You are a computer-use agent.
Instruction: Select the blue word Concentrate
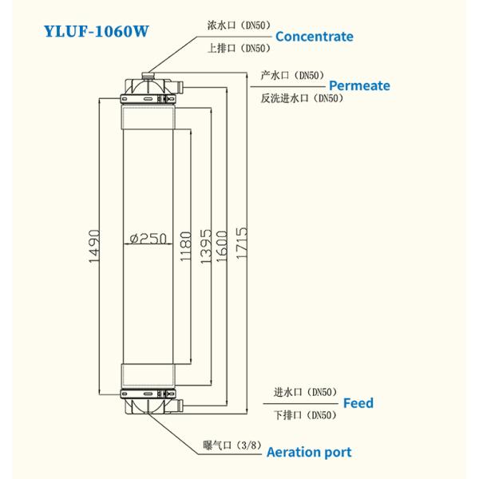pyautogui.click(x=314, y=37)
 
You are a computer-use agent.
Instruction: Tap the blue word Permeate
pyautogui.click(x=359, y=85)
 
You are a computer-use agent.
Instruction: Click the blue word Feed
pyautogui.click(x=358, y=403)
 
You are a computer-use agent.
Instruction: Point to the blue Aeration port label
pyautogui.click(x=308, y=453)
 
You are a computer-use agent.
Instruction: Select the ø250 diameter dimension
pyautogui.click(x=147, y=238)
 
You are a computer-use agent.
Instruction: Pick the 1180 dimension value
pyautogui.click(x=186, y=247)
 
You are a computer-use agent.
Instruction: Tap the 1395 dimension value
pyautogui.click(x=206, y=247)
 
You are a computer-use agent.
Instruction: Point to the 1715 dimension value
pyautogui.click(x=242, y=247)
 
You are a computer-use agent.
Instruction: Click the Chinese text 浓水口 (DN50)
pyautogui.click(x=236, y=26)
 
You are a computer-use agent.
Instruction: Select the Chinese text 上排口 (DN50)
pyautogui.click(x=236, y=48)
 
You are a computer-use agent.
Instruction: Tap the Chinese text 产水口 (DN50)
pyautogui.click(x=291, y=75)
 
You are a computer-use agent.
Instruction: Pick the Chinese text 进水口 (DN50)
pyautogui.click(x=304, y=392)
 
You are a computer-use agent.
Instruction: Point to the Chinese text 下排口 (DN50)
pyautogui.click(x=304, y=415)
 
